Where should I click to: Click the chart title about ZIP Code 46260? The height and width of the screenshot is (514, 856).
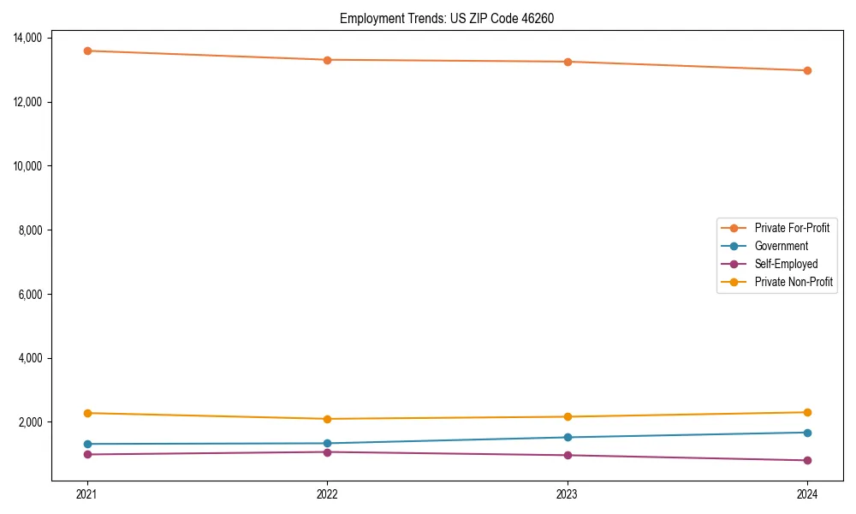(x=447, y=18)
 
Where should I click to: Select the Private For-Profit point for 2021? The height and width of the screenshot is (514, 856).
(x=87, y=51)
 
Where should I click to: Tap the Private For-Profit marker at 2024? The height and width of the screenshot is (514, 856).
(x=807, y=70)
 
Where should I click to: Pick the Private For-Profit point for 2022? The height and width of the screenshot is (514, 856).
(x=327, y=60)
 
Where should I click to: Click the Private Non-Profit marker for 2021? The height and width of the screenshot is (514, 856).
(x=87, y=413)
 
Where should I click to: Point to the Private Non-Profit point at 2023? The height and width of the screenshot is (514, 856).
(x=568, y=417)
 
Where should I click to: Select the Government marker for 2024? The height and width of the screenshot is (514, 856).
(x=807, y=433)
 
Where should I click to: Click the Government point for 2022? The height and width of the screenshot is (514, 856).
(x=327, y=444)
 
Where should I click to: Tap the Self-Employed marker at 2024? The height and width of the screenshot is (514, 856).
(x=807, y=461)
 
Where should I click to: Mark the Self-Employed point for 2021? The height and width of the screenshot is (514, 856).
(x=87, y=454)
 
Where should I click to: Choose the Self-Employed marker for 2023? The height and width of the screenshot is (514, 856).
(x=568, y=455)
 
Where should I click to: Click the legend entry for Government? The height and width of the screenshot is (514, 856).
(x=781, y=246)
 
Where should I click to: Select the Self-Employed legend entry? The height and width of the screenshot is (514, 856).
(x=786, y=264)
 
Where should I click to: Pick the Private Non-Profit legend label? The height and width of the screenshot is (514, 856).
(x=794, y=282)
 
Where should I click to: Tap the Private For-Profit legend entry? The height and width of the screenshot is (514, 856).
(x=792, y=228)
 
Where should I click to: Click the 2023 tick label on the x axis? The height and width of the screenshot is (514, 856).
(x=568, y=493)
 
